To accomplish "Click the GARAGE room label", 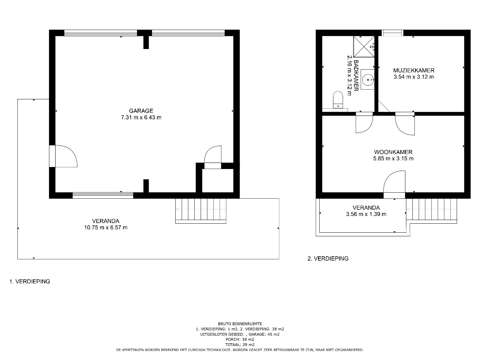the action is click(x=141, y=111).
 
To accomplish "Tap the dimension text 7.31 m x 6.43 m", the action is click(x=141, y=117).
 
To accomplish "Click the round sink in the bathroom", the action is click(x=367, y=80).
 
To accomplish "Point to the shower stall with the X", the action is click(x=364, y=47).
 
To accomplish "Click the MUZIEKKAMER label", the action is click(x=414, y=70).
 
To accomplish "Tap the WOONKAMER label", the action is click(x=393, y=152).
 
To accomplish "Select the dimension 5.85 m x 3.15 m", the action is click(x=393, y=158).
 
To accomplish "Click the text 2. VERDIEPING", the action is click(x=328, y=259).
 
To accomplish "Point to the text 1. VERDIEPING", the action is click(x=30, y=282).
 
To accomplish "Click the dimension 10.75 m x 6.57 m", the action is click(x=106, y=228).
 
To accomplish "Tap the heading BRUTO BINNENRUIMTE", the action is click(x=240, y=324).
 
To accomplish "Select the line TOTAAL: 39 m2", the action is click(x=240, y=345).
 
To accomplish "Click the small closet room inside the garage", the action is click(x=218, y=181).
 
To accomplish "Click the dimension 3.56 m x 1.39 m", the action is click(x=366, y=214).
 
